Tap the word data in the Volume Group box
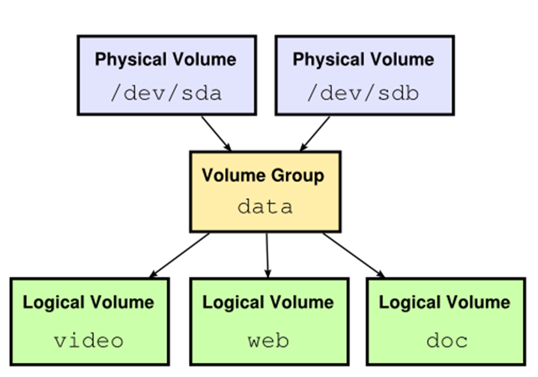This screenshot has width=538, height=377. click(265, 207)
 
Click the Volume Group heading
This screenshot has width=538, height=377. click(264, 177)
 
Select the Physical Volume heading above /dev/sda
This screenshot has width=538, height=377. click(165, 59)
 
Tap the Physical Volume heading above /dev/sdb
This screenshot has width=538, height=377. click(363, 59)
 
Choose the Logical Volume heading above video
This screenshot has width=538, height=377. click(88, 303)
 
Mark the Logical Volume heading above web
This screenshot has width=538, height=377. click(268, 303)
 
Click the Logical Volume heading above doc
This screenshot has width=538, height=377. click(444, 303)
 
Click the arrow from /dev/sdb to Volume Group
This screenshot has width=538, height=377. click(315, 133)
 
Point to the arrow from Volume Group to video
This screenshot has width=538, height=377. click(180, 255)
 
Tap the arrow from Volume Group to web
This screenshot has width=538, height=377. click(268, 255)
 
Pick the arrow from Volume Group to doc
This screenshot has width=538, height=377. click(354, 255)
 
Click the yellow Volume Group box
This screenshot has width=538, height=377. click(265, 191)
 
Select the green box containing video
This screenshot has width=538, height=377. click(89, 322)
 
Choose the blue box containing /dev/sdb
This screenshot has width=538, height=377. click(363, 75)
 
